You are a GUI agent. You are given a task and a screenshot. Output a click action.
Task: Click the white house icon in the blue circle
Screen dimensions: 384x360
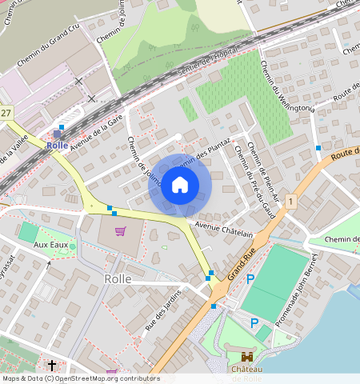click(x=180, y=186)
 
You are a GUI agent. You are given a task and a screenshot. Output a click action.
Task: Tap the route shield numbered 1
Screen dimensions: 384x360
click(x=290, y=202)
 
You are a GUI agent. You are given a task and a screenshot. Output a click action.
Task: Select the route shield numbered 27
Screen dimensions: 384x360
click(x=6, y=113)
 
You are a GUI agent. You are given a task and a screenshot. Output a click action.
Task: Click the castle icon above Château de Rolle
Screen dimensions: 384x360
click(x=247, y=358)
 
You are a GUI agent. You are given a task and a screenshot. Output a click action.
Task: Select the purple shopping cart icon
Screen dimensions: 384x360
click(x=120, y=232)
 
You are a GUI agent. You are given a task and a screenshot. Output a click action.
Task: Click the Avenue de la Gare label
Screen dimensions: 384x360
click(x=96, y=132)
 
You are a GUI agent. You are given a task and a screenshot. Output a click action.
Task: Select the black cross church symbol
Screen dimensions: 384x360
click(x=52, y=366)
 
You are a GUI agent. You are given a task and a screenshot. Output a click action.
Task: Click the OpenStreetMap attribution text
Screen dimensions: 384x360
click(x=81, y=378)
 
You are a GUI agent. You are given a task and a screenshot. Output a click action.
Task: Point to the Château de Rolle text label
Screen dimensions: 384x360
click(x=247, y=374)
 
